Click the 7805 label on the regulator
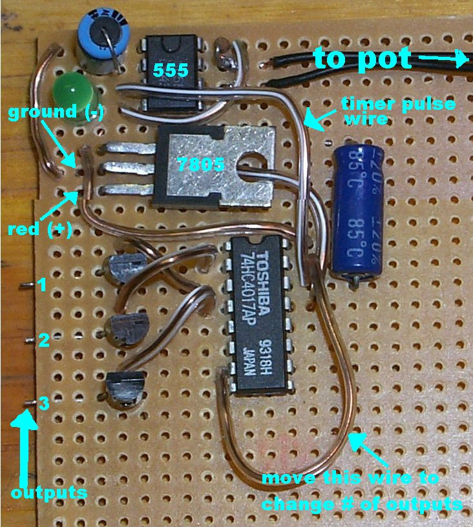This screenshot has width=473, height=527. pyautogui.click(x=199, y=165)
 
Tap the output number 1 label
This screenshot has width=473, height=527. pyautogui.click(x=42, y=285)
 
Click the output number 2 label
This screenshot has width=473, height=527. pyautogui.click(x=42, y=340)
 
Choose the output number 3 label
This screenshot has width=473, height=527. pyautogui.click(x=43, y=404)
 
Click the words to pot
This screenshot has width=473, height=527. pyautogui.click(x=362, y=59)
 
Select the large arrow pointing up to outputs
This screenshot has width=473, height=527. pyautogui.click(x=25, y=446)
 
